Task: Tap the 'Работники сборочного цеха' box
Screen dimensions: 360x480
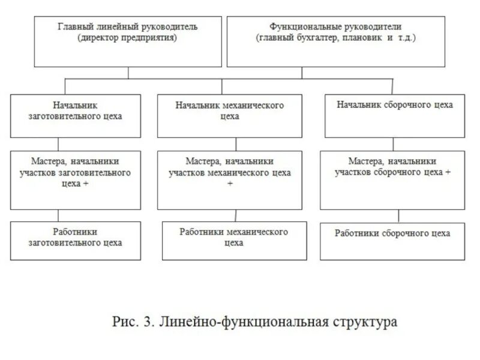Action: [392, 241]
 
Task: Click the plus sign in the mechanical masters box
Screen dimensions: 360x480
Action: [230, 183]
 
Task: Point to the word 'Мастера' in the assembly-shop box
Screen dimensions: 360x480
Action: [365, 161]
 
